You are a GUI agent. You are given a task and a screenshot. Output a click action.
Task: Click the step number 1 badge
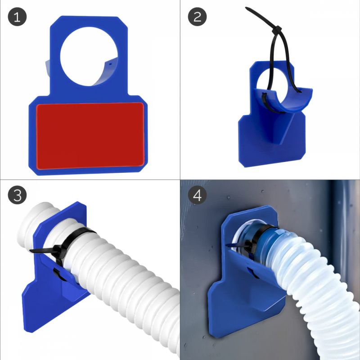[x=17, y=17]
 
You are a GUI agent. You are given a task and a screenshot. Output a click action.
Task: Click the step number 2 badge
[x=197, y=17]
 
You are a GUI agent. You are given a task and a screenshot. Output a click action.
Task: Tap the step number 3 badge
[x=17, y=195]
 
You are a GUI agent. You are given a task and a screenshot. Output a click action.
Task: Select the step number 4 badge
[x=197, y=195]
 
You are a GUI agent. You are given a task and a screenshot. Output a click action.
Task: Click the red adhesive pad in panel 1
[x=90, y=136]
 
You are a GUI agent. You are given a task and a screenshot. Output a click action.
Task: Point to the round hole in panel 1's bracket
[x=89, y=57]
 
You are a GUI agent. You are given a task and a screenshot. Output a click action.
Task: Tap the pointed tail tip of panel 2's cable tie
[x=246, y=8]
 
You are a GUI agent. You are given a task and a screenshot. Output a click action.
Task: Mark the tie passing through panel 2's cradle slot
[x=265, y=101]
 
